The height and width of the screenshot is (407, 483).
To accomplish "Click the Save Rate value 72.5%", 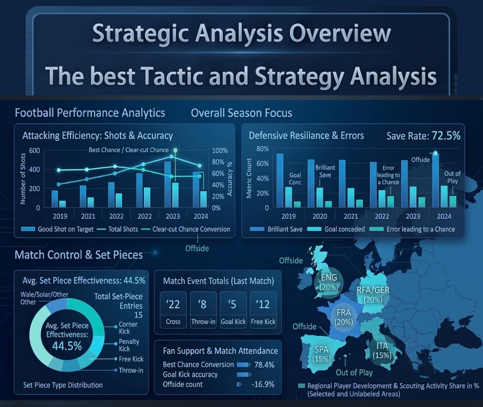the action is [x=446, y=135].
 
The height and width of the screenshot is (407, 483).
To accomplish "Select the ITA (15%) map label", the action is [x=382, y=351].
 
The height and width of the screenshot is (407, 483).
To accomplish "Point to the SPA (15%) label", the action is [x=321, y=354].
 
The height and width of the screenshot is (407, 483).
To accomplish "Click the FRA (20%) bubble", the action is [x=343, y=318].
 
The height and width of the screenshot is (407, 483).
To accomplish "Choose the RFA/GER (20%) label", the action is [x=373, y=295].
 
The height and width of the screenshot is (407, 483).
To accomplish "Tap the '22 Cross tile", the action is [x=173, y=310].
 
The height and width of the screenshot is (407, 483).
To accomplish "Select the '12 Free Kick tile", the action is [x=263, y=310].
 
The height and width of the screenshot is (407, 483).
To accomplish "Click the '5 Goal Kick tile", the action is [x=233, y=310].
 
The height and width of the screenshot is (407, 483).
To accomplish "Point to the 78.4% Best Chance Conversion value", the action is [x=264, y=365].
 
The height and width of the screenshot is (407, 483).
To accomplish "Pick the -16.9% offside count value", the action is [x=263, y=384].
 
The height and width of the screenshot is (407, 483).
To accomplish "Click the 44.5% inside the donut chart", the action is [x=67, y=346].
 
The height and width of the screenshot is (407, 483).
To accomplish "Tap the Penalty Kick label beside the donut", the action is [x=129, y=345].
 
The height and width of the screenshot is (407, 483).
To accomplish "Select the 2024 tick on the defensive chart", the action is [x=444, y=216].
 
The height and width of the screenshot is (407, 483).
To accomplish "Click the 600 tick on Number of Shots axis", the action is [x=35, y=150].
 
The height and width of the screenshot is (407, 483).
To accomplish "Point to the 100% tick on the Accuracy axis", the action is [x=220, y=150].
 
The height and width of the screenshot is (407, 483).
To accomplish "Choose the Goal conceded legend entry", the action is [x=336, y=229].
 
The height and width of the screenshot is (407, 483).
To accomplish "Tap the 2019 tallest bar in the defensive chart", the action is [x=280, y=180].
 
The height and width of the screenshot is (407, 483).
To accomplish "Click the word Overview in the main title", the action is [x=340, y=33].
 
